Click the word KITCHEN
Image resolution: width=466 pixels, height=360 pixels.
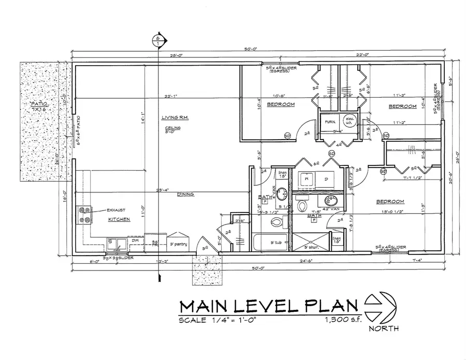point(118,219)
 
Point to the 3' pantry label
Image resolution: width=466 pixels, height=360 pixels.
point(178,244)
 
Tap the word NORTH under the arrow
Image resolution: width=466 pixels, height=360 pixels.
point(381,328)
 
